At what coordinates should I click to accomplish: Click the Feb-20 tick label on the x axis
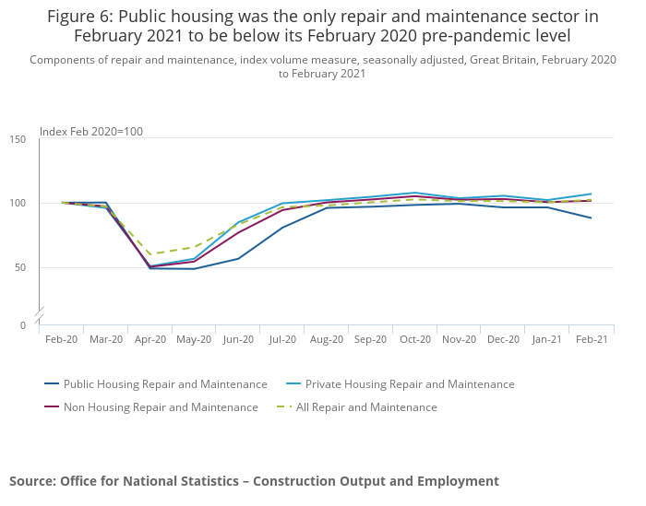tap(61, 339)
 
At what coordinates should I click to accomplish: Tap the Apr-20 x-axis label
tap(150, 339)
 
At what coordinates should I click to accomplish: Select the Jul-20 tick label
tap(282, 339)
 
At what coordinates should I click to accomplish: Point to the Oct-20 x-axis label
tap(414, 339)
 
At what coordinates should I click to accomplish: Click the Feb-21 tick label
tap(592, 339)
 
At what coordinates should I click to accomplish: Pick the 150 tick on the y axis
tap(18, 139)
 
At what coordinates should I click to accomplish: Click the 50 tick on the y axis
tap(21, 268)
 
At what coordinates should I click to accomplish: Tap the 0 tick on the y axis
tap(24, 325)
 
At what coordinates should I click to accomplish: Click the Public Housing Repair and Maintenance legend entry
tap(165, 384)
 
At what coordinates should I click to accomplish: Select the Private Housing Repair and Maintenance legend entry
tap(410, 384)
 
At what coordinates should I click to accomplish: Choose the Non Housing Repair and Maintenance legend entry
tap(161, 407)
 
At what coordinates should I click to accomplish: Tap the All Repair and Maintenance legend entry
tap(366, 407)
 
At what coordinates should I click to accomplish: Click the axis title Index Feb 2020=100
tap(91, 132)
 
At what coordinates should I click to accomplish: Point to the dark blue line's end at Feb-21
tap(592, 218)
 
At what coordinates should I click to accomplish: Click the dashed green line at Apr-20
tap(150, 254)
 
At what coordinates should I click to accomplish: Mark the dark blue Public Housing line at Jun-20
tap(238, 258)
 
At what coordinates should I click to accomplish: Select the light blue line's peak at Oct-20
tap(414, 193)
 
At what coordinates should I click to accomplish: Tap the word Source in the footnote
tap(31, 481)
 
